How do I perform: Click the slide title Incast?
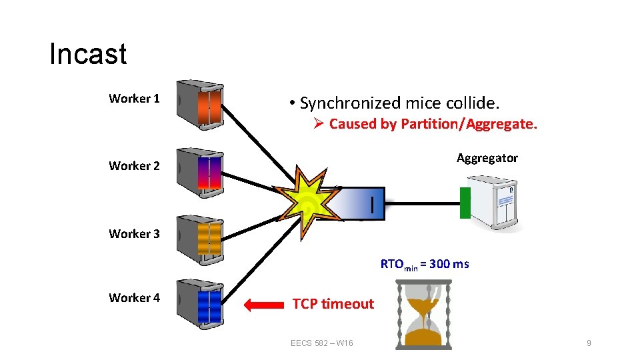pos(87,54)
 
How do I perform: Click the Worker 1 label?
pos(134,99)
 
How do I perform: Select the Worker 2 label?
pos(134,166)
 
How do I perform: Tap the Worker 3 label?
pos(134,234)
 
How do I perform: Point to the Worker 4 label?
pos(134,298)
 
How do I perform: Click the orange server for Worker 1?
pos(199,104)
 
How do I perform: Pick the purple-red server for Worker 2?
pos(199,171)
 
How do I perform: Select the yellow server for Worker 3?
pos(199,239)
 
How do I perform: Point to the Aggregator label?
pos(487,158)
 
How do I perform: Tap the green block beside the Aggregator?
pos(465,203)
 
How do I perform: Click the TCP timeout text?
pos(333,304)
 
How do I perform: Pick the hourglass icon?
pos(423,314)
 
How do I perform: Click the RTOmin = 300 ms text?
pos(425,264)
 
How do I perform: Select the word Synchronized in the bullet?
pos(350,103)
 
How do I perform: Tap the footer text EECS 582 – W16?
pos(322,343)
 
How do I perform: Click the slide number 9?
pos(588,343)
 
